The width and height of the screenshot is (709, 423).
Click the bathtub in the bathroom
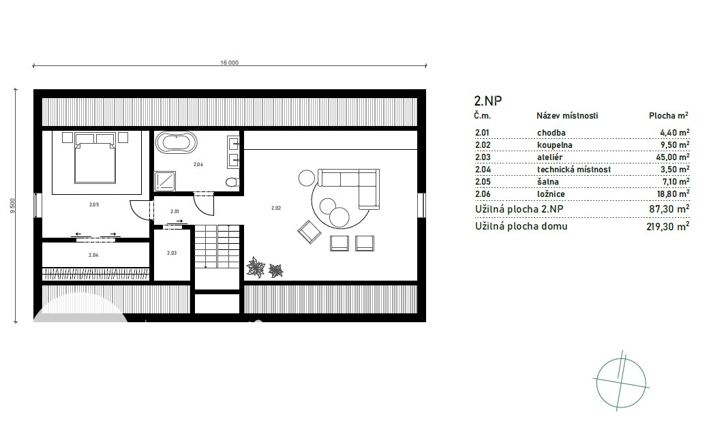(x=177, y=142)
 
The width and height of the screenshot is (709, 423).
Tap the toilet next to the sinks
(x=232, y=182)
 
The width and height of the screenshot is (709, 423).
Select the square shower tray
(x=164, y=181)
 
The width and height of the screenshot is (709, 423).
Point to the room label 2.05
(x=94, y=205)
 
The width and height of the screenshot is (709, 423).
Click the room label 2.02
(x=276, y=208)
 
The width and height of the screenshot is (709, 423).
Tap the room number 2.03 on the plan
(x=172, y=253)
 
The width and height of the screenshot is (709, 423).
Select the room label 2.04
(x=93, y=255)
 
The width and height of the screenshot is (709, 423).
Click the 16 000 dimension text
(x=229, y=63)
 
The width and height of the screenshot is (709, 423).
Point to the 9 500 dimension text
(x=13, y=206)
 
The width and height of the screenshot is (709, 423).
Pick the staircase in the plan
(x=217, y=247)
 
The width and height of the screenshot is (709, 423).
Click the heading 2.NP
(x=488, y=101)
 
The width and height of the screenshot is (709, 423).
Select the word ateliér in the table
(x=550, y=157)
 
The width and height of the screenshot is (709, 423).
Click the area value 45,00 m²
(x=675, y=157)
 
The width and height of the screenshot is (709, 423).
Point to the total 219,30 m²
(x=668, y=226)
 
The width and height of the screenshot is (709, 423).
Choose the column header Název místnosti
(x=567, y=116)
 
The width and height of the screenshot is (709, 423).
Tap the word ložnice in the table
(x=551, y=194)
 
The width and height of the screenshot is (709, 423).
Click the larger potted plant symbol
(x=256, y=267)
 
